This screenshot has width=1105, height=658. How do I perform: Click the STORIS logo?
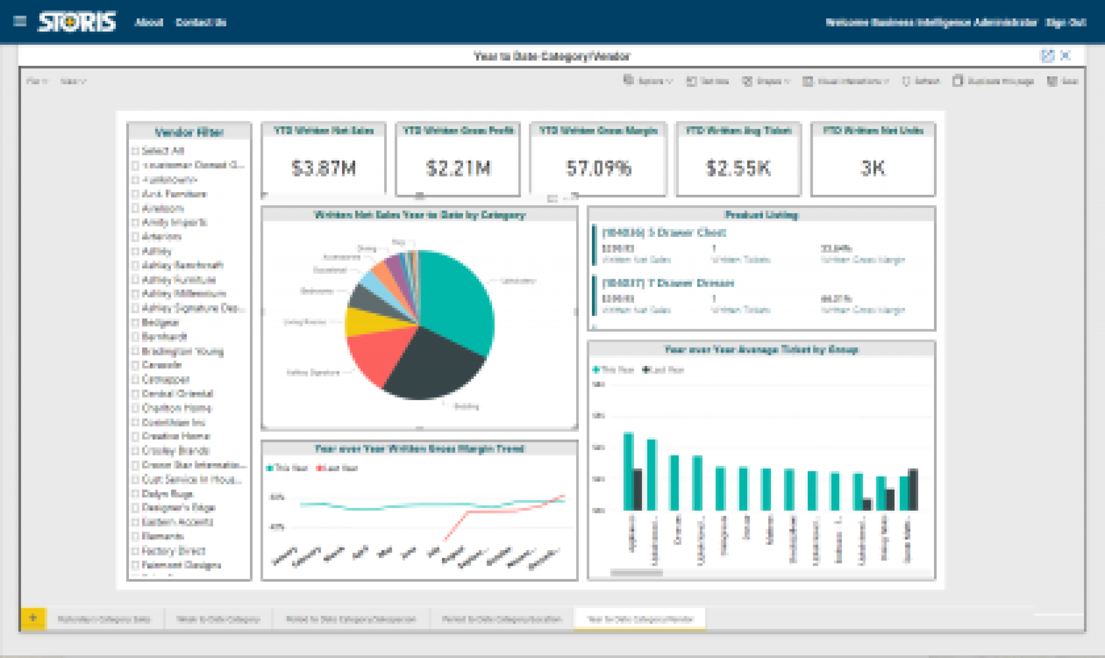[x=77, y=22]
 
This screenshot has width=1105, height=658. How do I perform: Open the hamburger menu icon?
[x=20, y=22]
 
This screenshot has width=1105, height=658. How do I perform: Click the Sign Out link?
[x=1066, y=22]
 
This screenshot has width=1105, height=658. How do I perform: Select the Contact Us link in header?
[x=201, y=22]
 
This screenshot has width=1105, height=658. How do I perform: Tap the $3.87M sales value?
[x=323, y=168]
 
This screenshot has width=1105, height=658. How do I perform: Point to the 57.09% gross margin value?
[x=598, y=168]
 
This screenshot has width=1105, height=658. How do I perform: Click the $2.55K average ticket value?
[x=738, y=168]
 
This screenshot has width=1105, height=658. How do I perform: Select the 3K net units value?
[x=872, y=168]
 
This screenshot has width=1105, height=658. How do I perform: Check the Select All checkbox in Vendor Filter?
[x=135, y=151]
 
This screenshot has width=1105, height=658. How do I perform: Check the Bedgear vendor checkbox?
[x=135, y=323]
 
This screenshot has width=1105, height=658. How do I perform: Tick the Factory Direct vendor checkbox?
[x=135, y=551]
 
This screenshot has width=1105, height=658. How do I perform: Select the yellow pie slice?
[x=372, y=321]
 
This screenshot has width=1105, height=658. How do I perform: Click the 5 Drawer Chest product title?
[x=664, y=233]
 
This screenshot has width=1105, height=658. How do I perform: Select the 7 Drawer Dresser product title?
[x=668, y=283]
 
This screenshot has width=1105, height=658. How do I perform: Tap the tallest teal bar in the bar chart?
[x=628, y=470]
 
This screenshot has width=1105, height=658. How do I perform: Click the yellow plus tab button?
[x=33, y=618]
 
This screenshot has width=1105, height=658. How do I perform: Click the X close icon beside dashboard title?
[x=1065, y=55]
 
